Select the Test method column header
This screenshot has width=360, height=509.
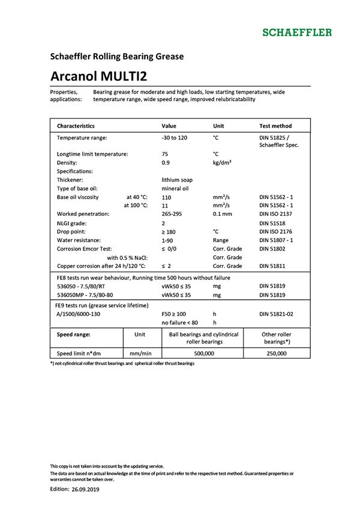click(x=275, y=127)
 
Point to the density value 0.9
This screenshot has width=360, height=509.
click(x=166, y=162)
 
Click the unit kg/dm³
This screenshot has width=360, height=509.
click(x=223, y=162)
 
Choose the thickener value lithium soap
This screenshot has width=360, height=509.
click(x=177, y=180)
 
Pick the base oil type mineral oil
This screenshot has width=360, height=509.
click(x=175, y=188)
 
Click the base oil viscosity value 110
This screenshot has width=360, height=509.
click(x=167, y=197)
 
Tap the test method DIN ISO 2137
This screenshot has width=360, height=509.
click(x=278, y=214)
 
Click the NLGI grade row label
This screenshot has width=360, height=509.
click(x=75, y=222)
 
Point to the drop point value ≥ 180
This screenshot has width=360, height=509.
click(x=170, y=231)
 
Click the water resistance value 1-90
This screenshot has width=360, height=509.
click(x=168, y=240)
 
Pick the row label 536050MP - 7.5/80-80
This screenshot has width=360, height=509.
click(x=85, y=296)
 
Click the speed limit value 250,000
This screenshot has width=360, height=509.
click(x=277, y=354)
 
